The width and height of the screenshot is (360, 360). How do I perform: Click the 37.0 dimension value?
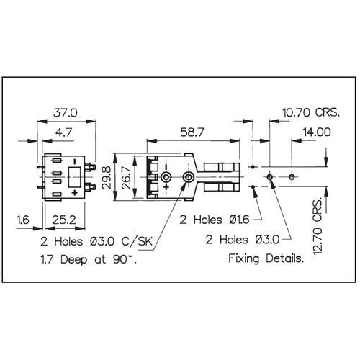(66, 112)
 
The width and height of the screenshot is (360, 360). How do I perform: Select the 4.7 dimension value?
(63, 132)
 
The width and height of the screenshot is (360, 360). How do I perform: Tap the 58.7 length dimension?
(192, 132)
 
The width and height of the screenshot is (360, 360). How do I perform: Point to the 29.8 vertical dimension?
(107, 178)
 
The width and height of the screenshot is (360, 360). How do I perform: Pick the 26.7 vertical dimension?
(127, 178)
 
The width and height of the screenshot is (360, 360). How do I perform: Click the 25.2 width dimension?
(64, 220)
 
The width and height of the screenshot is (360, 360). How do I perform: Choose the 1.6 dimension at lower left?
(23, 220)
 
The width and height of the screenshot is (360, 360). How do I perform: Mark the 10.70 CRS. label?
(311, 112)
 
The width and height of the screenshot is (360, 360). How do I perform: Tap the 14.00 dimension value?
(317, 132)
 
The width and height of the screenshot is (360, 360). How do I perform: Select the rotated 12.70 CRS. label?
(318, 226)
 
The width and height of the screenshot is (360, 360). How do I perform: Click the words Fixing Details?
(266, 258)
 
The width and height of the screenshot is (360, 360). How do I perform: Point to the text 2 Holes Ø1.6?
(215, 220)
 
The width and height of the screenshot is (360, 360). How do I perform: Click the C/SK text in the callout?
(137, 241)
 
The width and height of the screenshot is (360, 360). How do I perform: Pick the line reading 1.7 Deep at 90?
(89, 259)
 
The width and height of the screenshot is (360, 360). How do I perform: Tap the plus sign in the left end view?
(75, 192)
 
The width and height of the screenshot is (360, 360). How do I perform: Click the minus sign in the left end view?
(75, 161)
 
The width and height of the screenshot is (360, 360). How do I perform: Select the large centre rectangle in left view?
(74, 177)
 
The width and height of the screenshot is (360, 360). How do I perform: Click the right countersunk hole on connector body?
(188, 177)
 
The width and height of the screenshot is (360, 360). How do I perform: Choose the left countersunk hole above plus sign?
(166, 177)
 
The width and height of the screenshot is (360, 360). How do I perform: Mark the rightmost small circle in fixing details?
(292, 177)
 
